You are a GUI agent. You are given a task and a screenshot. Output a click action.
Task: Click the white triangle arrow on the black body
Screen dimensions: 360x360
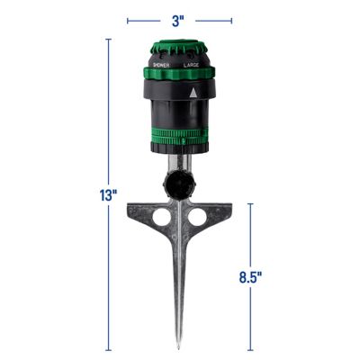click(193, 93)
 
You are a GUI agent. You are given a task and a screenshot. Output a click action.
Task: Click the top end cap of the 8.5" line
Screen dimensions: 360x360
click(250, 203)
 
